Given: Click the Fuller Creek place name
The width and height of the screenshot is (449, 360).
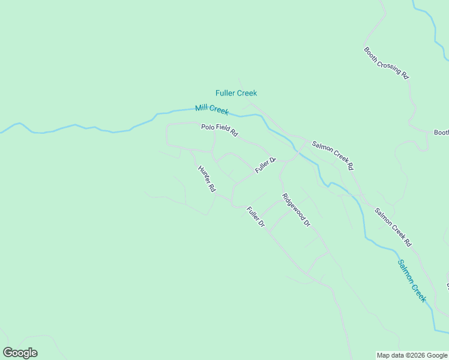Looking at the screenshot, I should click(x=236, y=93).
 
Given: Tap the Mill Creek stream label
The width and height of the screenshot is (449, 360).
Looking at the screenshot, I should click(x=211, y=110).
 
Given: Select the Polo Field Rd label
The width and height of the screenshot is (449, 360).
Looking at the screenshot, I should click(x=219, y=130).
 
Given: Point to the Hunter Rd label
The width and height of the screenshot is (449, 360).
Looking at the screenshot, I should click(x=206, y=179).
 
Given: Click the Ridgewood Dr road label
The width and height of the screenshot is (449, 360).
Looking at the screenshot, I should click(x=296, y=210).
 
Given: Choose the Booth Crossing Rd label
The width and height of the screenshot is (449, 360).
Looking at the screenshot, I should click(x=386, y=63).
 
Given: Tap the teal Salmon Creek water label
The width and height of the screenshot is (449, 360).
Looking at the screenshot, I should click(x=411, y=281).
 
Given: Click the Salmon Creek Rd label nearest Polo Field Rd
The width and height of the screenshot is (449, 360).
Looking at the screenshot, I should click(x=333, y=155).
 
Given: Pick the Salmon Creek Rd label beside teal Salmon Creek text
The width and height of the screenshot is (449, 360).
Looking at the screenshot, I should click(x=393, y=227).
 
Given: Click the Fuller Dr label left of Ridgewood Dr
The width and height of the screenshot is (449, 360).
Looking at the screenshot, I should click(x=255, y=217).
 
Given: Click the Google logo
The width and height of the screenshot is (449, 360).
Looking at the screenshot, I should click(x=20, y=353).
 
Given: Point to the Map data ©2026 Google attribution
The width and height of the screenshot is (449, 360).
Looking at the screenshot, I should click(x=412, y=355).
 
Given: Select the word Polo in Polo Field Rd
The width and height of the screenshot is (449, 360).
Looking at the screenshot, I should click(x=207, y=127).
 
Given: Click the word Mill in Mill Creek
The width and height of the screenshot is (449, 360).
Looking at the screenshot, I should click(x=202, y=109).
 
